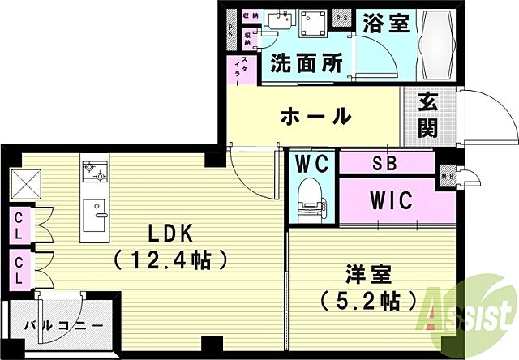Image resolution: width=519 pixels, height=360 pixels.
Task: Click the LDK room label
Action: pyautogui.click(x=169, y=234)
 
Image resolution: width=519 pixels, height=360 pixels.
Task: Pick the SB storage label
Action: pyautogui.click(x=384, y=163)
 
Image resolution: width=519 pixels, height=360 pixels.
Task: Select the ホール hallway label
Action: pyautogui.click(x=315, y=116)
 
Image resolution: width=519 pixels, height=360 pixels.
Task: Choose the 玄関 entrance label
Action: pyautogui.click(x=428, y=116)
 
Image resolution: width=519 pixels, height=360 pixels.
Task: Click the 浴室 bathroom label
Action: pyautogui.click(x=386, y=24)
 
